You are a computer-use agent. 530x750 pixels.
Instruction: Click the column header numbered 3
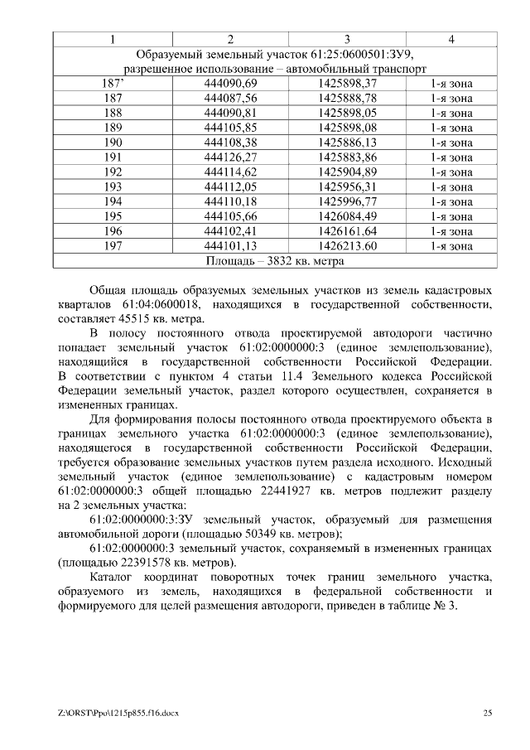coord(347,39)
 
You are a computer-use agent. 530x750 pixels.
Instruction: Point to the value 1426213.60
coord(347,246)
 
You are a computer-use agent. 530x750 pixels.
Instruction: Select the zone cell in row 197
coord(451,246)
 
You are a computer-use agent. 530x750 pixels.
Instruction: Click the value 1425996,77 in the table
coord(347,201)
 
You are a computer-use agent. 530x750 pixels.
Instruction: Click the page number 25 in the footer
coord(488,713)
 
